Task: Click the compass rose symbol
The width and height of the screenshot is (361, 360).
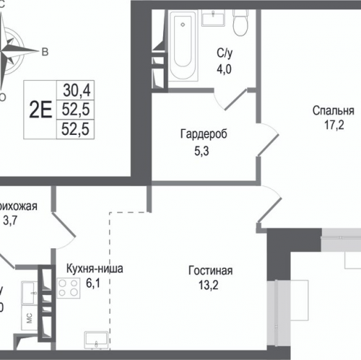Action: point(12,48)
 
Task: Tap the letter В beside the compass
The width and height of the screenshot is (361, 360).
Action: point(44,52)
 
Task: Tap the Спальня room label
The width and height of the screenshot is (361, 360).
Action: point(333,111)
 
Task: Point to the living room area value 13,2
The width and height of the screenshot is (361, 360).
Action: point(210,286)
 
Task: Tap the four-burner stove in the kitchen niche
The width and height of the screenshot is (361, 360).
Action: point(70,289)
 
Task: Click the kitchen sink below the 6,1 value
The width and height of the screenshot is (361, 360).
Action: point(96,339)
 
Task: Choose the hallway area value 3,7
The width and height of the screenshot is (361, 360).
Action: point(10,222)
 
